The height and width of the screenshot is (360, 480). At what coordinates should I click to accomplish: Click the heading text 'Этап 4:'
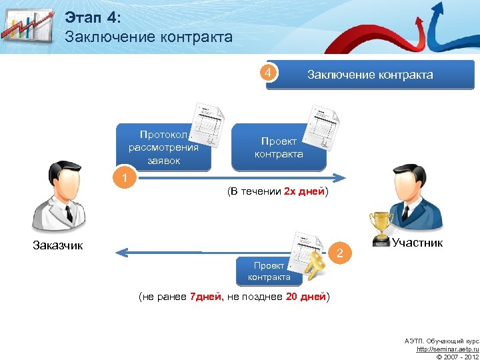(x=92, y=17)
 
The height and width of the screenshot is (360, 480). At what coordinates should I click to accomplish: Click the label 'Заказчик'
(x=58, y=245)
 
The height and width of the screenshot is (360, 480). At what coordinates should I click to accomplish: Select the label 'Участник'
(x=417, y=243)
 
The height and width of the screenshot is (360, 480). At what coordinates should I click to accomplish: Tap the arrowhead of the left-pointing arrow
(x=119, y=252)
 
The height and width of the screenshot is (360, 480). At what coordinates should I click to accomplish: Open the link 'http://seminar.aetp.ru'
(x=447, y=349)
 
